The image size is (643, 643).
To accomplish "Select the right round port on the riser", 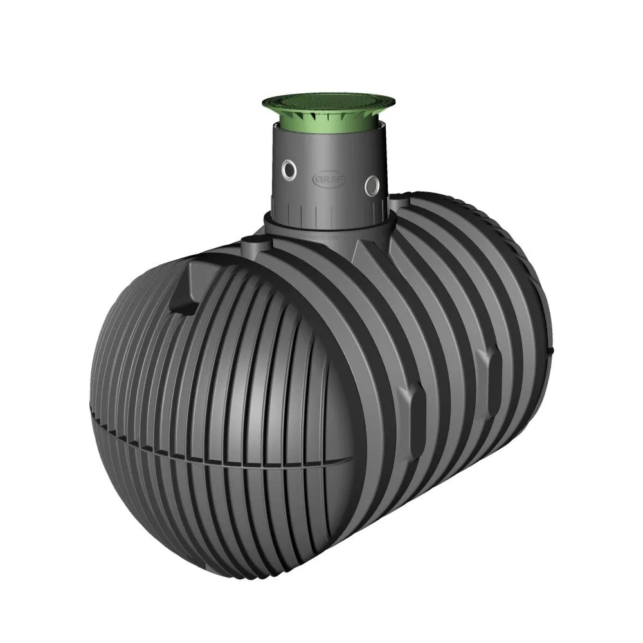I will [372, 185].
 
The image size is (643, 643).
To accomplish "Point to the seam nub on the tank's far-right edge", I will [551, 351].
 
